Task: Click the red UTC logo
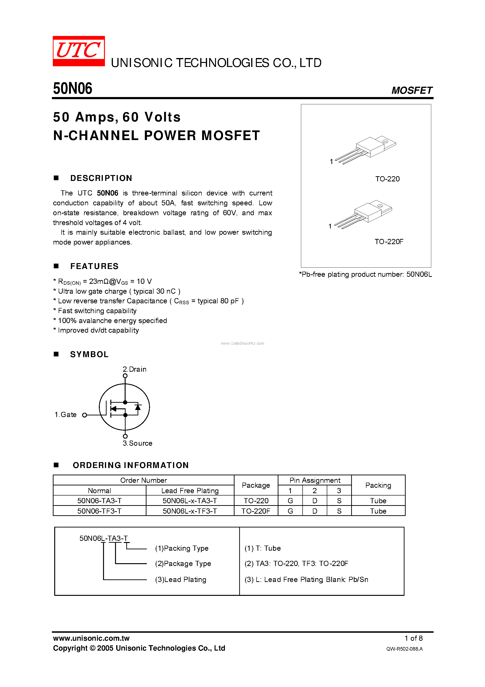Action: click(x=79, y=51)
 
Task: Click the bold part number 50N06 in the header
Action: click(x=73, y=89)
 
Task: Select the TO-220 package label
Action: click(x=387, y=179)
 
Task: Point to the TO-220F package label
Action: click(x=389, y=242)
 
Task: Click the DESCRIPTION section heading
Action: click(x=101, y=178)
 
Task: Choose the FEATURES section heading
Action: click(x=94, y=266)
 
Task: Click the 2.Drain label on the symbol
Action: click(x=135, y=369)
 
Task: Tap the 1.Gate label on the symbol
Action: click(x=65, y=415)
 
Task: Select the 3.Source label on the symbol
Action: click(x=138, y=443)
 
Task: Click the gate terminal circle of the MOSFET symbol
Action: click(x=85, y=415)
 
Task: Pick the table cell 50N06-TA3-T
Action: click(x=99, y=501)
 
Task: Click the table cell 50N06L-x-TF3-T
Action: click(x=190, y=511)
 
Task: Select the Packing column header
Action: click(x=378, y=485)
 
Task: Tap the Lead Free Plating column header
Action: click(x=190, y=491)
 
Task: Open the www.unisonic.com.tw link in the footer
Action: click(x=91, y=638)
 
